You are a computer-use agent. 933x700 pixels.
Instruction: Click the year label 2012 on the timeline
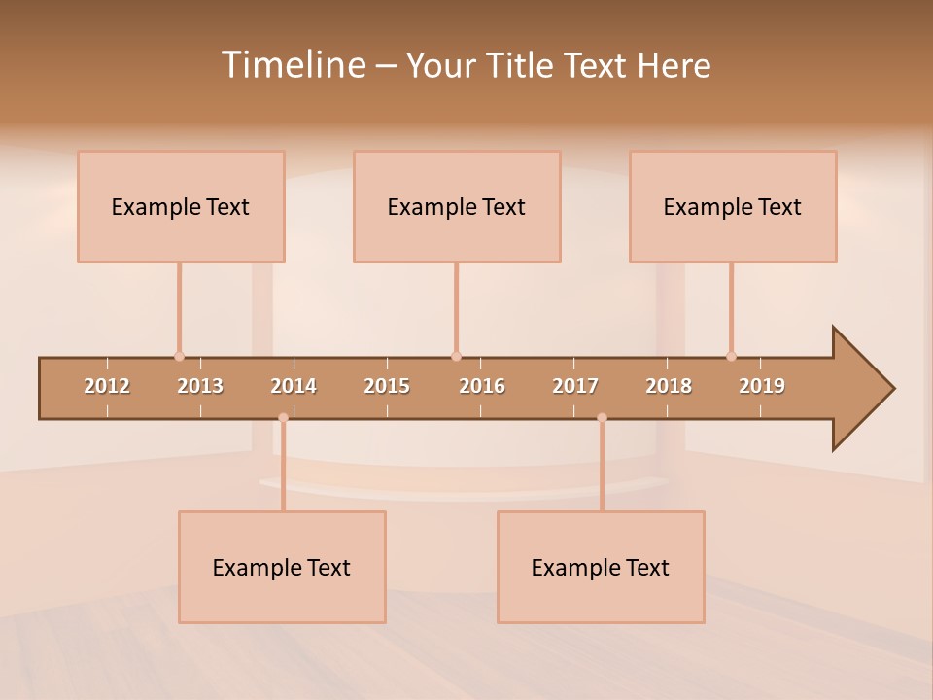[107, 386]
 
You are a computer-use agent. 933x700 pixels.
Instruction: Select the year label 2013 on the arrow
[200, 386]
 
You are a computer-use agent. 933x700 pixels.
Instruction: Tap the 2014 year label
[294, 386]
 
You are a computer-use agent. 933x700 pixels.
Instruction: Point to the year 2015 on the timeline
[387, 386]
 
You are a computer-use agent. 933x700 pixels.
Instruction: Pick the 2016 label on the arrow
[482, 386]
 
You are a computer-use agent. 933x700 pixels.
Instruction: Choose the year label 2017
[575, 386]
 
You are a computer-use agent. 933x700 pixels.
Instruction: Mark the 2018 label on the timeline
[669, 386]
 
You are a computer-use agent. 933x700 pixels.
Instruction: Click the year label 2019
[762, 386]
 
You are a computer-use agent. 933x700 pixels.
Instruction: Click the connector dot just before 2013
[179, 356]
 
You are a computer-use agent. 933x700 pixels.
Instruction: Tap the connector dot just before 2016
[456, 356]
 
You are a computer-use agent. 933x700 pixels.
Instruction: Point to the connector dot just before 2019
[731, 356]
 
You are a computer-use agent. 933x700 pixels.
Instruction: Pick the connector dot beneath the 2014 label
[283, 418]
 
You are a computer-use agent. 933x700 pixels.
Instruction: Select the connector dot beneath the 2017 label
[602, 418]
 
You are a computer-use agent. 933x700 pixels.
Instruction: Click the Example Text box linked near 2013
[181, 206]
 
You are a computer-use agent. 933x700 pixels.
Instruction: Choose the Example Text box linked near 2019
[733, 206]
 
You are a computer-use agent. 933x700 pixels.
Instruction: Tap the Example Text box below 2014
[282, 567]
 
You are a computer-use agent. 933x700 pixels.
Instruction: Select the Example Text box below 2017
[601, 567]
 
